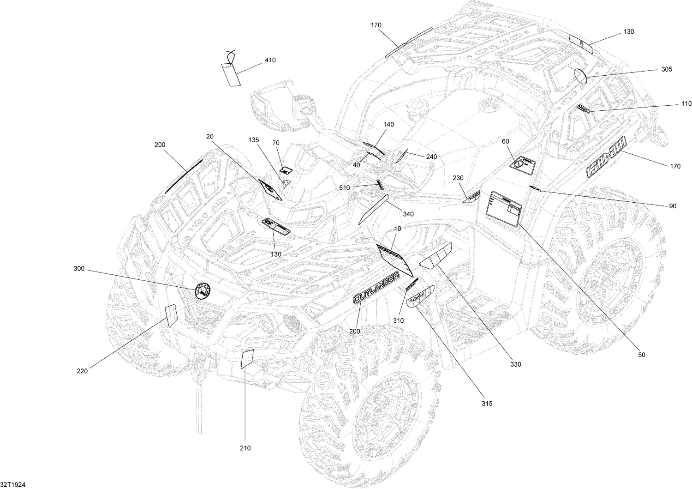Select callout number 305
[x=667, y=70]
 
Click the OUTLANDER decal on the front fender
[x=375, y=288]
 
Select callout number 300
[x=79, y=269]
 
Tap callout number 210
[x=245, y=447]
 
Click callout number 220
[x=83, y=370]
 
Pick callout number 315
[x=487, y=404]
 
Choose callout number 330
[x=515, y=364]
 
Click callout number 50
[x=642, y=355]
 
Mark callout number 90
[x=672, y=206]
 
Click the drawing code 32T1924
[x=12, y=483]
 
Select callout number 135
[x=254, y=140]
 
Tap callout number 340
[x=408, y=214]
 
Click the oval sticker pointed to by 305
[x=580, y=76]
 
